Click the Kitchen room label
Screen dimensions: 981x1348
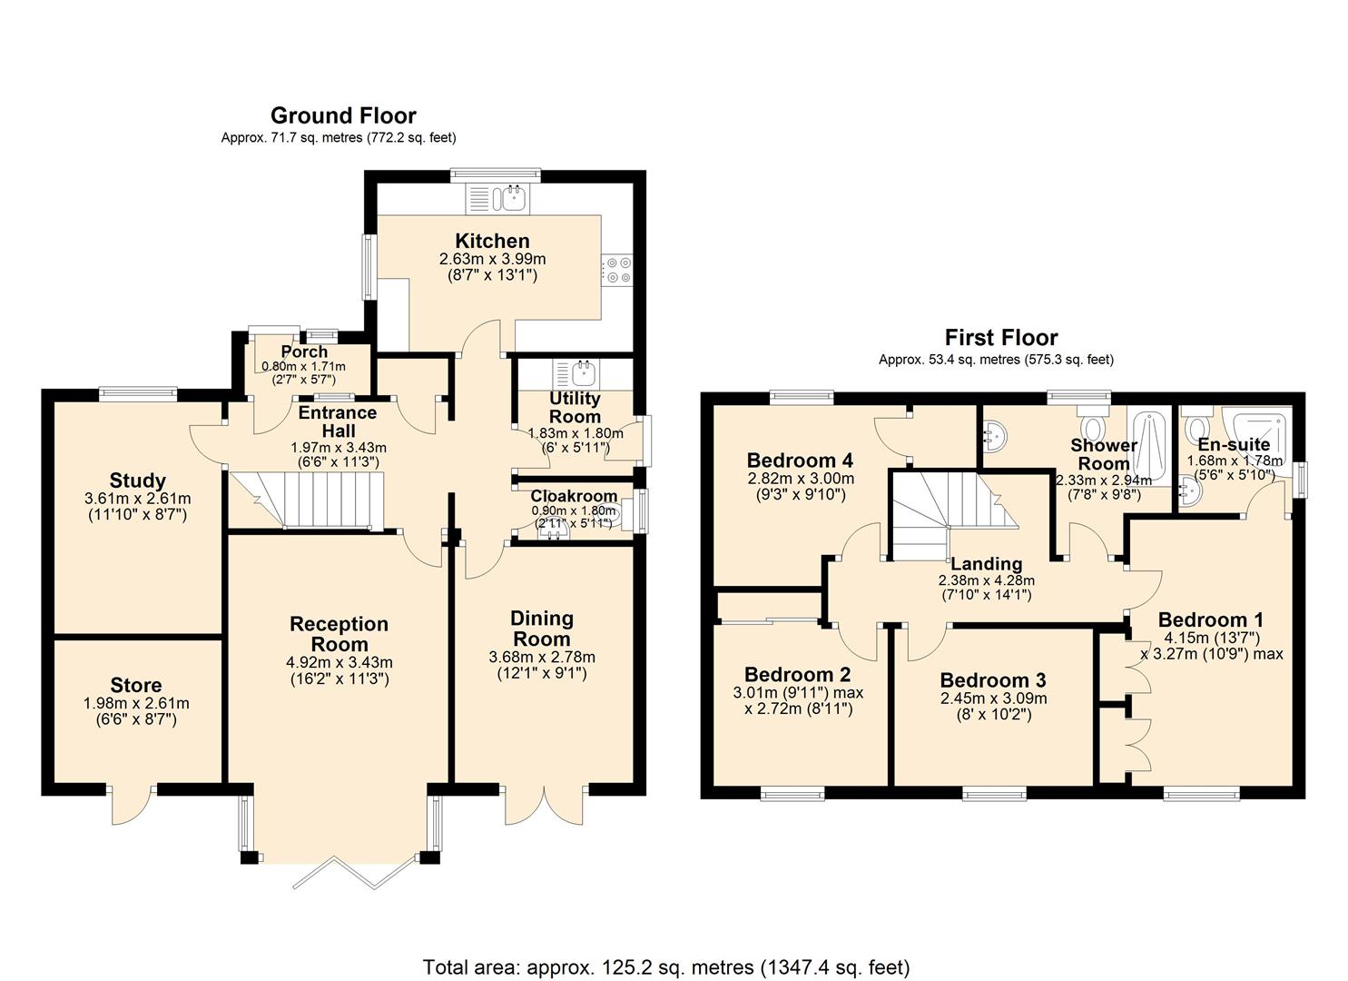tap(492, 242)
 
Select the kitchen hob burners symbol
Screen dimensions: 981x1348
tap(619, 270)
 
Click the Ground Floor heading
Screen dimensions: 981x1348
tap(343, 116)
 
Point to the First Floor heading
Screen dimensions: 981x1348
tap(1001, 338)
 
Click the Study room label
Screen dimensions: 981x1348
tap(137, 481)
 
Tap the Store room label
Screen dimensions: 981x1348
tap(136, 686)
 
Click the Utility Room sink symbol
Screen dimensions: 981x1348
tap(581, 371)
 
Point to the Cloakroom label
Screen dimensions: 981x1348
tap(574, 496)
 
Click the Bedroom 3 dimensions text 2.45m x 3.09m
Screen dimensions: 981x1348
tap(992, 699)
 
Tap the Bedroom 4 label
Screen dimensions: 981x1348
tap(800, 460)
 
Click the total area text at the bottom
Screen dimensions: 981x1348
tap(665, 966)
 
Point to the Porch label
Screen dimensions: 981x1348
tap(304, 352)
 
